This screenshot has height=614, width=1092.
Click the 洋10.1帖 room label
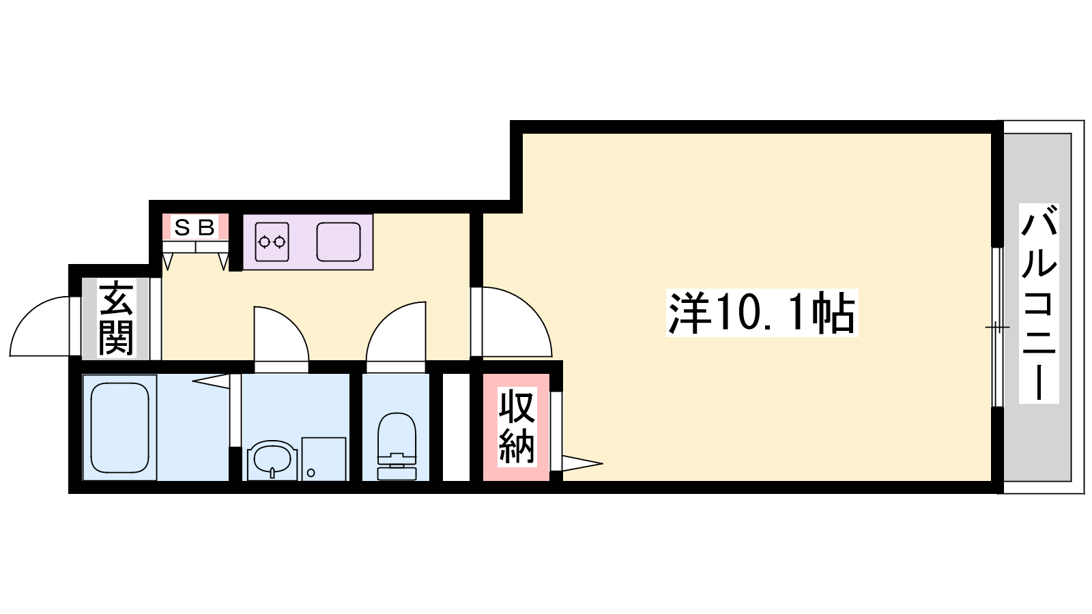(x=762, y=312)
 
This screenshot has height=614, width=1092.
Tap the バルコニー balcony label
(x=1039, y=303)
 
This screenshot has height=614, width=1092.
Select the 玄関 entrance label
(x=116, y=318)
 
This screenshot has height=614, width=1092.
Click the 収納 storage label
(x=517, y=426)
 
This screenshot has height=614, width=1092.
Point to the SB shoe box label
(x=195, y=227)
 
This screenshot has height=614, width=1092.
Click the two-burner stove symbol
(x=272, y=242)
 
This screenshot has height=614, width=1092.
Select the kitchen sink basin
(x=339, y=242)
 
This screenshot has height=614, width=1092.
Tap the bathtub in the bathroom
(x=119, y=427)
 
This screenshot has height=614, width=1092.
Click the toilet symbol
(x=397, y=446)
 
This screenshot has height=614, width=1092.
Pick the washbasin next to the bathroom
(x=272, y=460)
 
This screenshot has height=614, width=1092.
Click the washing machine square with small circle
(x=324, y=458)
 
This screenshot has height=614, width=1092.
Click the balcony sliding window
(x=997, y=327)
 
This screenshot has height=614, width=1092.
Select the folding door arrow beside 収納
(x=583, y=463)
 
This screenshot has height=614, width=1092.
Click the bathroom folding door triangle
(x=211, y=381)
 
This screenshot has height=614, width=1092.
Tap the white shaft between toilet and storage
(x=456, y=427)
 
